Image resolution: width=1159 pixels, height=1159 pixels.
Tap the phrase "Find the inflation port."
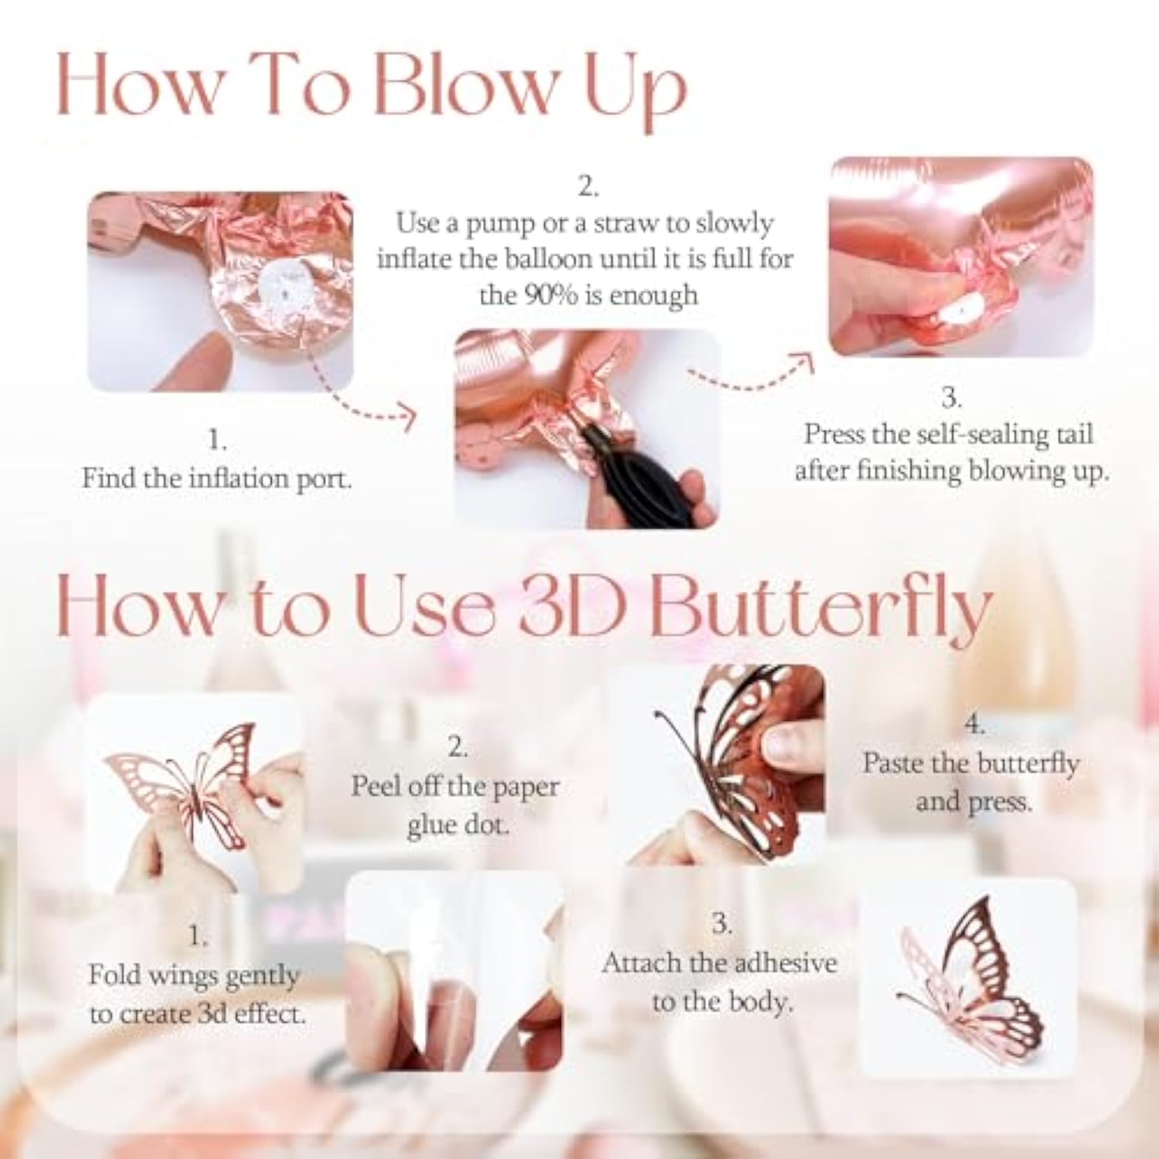pyautogui.click(x=216, y=478)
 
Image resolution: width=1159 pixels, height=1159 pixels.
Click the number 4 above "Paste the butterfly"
pyautogui.click(x=974, y=725)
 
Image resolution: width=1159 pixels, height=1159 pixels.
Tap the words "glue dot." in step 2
pyautogui.click(x=457, y=825)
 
